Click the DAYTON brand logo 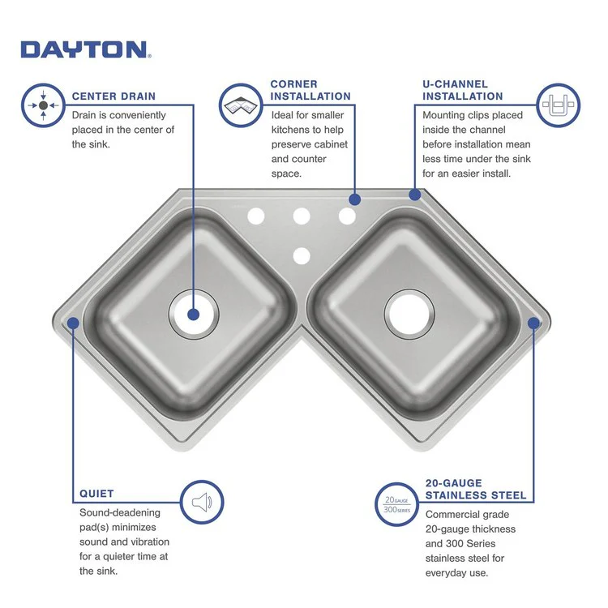point(84,49)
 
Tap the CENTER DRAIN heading point(113,96)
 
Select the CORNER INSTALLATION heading point(310,90)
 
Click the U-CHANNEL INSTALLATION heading point(463,90)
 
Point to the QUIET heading point(96,493)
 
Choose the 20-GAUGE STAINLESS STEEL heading point(476,489)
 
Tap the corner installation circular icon point(241,105)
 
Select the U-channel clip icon point(559,105)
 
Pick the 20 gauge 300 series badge point(396,504)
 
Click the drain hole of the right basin point(409,312)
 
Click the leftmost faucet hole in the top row point(256,216)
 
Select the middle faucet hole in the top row point(302,216)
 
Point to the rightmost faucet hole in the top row point(347,216)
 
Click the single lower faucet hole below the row point(302,256)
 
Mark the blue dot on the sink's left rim point(73,323)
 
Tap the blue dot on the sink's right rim point(533,323)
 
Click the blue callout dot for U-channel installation point(415,195)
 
